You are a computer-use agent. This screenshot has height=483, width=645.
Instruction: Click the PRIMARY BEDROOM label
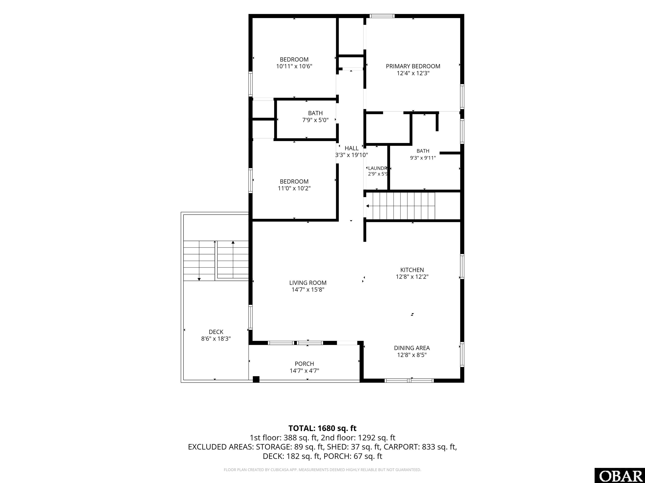(x=413, y=66)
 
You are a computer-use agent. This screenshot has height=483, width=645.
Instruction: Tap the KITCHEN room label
(x=412, y=270)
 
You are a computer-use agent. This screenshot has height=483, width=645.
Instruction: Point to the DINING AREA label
(x=412, y=348)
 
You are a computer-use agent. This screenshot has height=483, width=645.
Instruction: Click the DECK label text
(x=216, y=332)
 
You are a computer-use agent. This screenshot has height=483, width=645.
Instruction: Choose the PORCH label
(x=304, y=364)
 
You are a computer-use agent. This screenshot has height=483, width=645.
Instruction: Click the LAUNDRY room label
(x=377, y=168)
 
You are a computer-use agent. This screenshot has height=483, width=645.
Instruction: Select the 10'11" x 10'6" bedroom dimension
(x=294, y=66)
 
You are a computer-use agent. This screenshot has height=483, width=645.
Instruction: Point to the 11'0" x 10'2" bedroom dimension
(x=294, y=188)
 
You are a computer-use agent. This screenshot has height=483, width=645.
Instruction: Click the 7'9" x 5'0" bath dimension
(x=315, y=120)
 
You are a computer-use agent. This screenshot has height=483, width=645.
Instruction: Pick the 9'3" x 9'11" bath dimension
(x=423, y=158)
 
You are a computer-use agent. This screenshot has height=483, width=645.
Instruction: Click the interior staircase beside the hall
(x=400, y=206)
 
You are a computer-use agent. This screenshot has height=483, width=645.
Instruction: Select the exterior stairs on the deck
(x=216, y=261)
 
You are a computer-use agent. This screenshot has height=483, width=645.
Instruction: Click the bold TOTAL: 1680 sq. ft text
(x=322, y=428)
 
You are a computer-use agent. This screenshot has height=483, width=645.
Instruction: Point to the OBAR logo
(x=620, y=475)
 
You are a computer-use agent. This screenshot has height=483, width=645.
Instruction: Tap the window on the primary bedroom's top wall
(x=382, y=16)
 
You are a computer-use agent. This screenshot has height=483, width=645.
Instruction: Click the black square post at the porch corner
(x=256, y=379)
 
